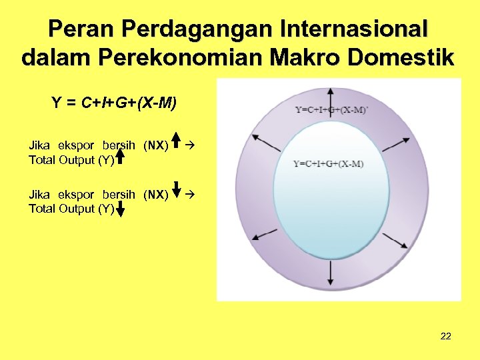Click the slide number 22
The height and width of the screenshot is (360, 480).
[446, 336]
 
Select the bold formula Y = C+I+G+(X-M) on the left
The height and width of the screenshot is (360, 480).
[114, 103]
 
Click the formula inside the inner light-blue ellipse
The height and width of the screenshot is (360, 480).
[329, 164]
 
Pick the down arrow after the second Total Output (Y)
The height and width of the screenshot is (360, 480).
[120, 210]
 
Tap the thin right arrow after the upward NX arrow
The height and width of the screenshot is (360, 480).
[190, 143]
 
